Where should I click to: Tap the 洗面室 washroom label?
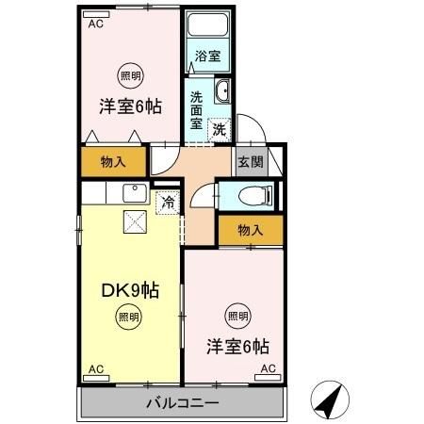coord(197,109)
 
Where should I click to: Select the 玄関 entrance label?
coord(249,160)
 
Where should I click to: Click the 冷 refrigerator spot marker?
coord(168,201)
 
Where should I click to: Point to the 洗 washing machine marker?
coord(219,130)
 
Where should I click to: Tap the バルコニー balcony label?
coord(183,403)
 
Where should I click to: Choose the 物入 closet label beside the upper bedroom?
coord(113,161)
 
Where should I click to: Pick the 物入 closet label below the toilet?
coord(250,229)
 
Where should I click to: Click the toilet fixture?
coord(255,195)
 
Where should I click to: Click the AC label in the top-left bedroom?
coord(94,24)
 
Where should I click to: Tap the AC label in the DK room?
coord(95,368)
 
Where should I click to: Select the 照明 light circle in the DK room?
coord(124,318)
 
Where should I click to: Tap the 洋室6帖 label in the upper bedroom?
coord(130,106)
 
